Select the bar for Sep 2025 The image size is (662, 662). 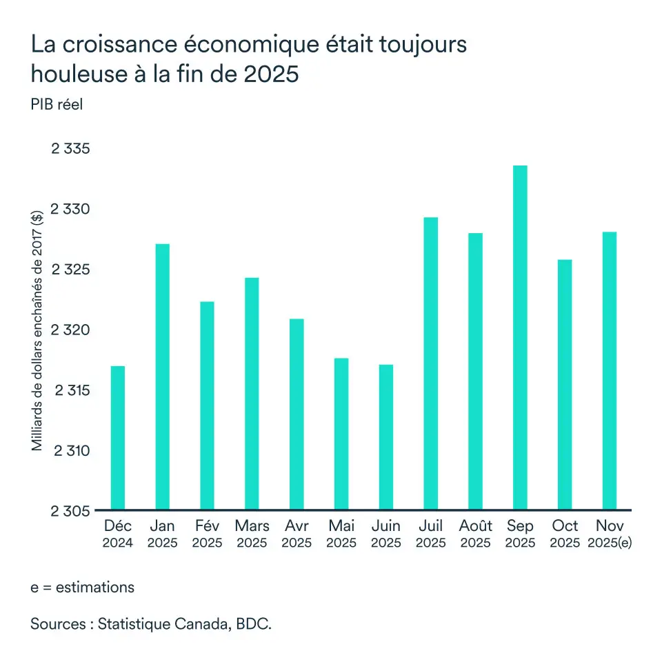tap(520, 338)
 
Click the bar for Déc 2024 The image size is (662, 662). tap(118, 438)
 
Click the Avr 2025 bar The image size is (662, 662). tap(297, 414)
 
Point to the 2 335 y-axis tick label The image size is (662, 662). tap(72, 149)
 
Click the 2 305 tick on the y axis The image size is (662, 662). tap(72, 511)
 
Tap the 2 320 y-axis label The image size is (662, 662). tap(72, 330)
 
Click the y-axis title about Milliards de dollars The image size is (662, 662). tap(37, 330)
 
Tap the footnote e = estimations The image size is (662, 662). tap(82, 588)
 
